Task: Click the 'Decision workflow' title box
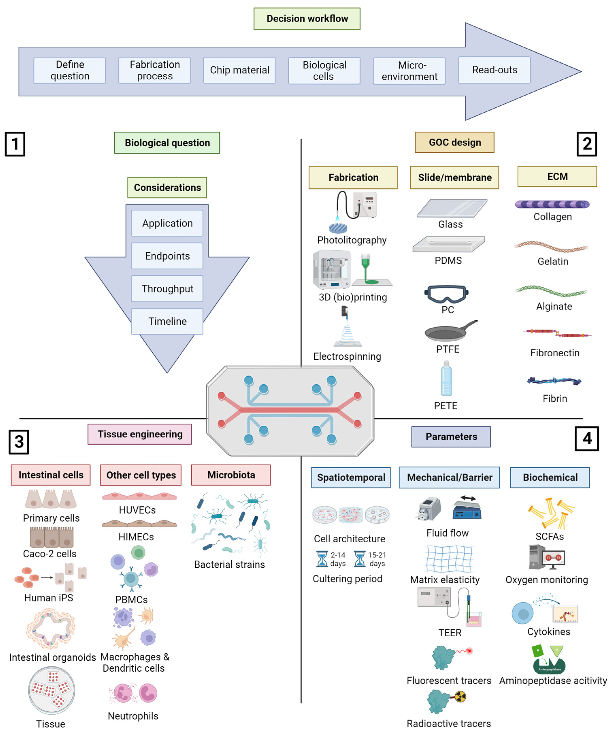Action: [307, 18]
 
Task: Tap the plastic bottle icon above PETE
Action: [446, 378]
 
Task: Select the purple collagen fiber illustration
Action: [552, 204]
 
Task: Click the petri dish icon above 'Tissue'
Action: [51, 690]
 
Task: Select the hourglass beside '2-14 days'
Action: [322, 559]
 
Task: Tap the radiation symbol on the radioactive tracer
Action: [460, 697]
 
